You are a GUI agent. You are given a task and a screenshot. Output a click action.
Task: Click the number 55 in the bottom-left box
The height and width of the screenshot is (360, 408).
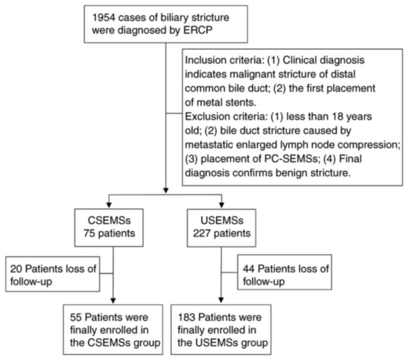tap(79, 316)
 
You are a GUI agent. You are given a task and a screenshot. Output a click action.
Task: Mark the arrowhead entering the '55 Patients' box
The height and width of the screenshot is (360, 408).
tap(112, 300)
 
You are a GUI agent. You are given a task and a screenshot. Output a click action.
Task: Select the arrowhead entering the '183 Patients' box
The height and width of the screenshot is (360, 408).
tap(221, 300)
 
